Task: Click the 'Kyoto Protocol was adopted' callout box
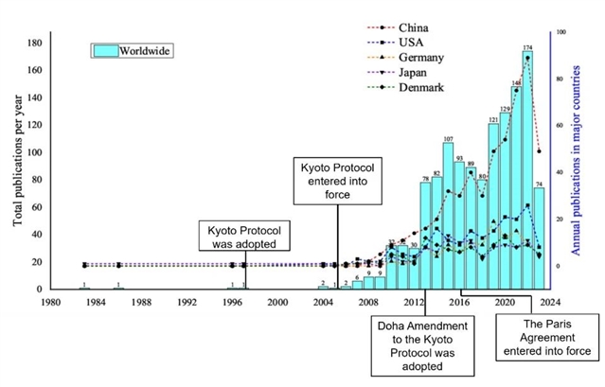[x=244, y=236]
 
